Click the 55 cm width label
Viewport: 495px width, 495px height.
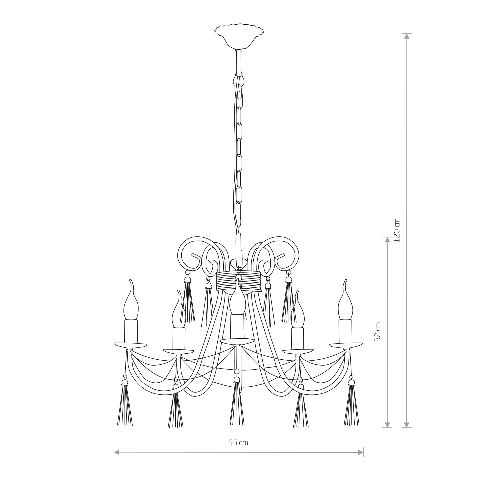238,443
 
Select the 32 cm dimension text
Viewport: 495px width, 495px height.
377,332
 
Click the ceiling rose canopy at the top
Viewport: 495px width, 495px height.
239,36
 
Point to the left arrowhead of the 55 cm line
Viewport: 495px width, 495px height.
117,459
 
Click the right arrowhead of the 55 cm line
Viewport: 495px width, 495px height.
361,459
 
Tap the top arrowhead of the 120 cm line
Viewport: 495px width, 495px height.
407,36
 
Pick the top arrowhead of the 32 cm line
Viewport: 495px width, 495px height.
387,240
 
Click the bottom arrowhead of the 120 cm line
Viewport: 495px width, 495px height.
407,425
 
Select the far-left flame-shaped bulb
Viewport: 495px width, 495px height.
131,300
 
